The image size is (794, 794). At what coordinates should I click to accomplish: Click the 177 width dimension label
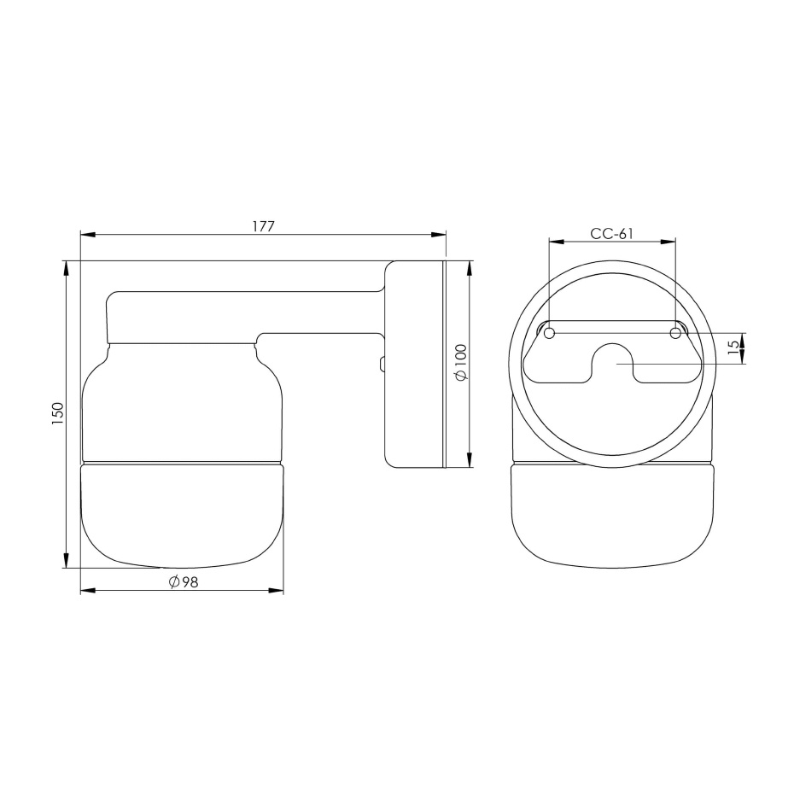pyautogui.click(x=262, y=226)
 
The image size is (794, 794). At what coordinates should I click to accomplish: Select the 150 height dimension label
pyautogui.click(x=58, y=414)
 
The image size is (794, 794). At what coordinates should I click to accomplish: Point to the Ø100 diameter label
pyautogui.click(x=460, y=364)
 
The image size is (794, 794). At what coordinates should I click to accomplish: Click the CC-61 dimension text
pyautogui.click(x=611, y=234)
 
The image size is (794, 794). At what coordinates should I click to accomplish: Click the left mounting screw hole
pyautogui.click(x=550, y=332)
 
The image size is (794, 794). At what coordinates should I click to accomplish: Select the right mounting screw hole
pyautogui.click(x=675, y=332)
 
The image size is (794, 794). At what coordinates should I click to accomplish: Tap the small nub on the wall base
pyautogui.click(x=382, y=365)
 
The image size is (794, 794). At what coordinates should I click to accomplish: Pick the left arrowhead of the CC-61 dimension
pyautogui.click(x=556, y=242)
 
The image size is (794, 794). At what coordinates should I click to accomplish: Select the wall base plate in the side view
pyautogui.click(x=415, y=364)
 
